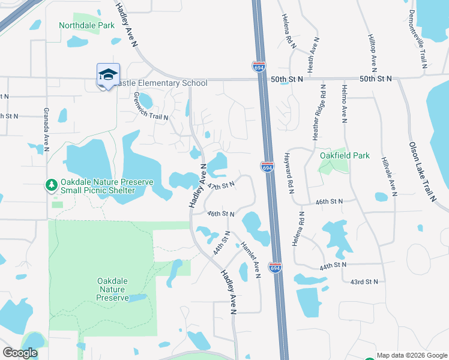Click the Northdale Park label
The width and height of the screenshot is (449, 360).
click(86, 26)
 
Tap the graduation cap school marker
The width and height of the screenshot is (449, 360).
click(108, 75)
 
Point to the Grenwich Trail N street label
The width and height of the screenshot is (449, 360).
click(151, 106)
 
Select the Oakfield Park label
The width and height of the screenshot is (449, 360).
click(345, 155)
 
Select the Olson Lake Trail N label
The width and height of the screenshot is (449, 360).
click(422, 172)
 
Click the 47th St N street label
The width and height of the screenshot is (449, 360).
click(220, 186)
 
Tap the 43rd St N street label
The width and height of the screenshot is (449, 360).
click(364, 281)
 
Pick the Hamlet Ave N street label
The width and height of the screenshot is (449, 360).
click(250, 260)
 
